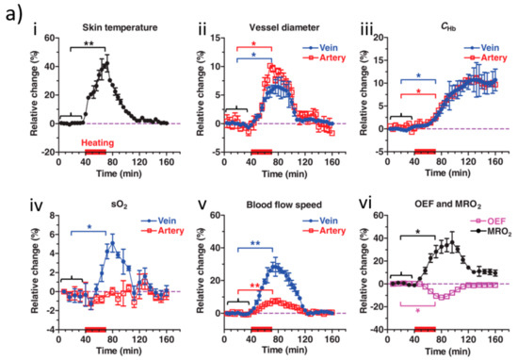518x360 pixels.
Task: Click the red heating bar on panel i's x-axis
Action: click(x=95, y=150)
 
